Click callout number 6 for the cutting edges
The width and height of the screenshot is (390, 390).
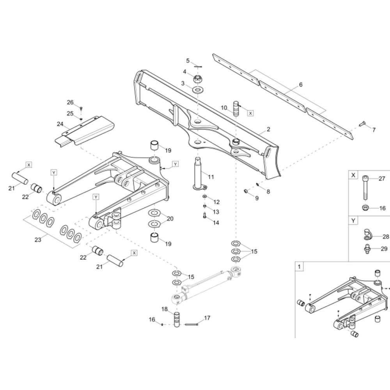pyautogui.click(x=301, y=85)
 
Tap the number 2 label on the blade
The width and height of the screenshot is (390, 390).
pyautogui.click(x=268, y=129)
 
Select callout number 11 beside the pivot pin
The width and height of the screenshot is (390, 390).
pyautogui.click(x=211, y=177)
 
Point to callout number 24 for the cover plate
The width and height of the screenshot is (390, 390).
pyautogui.click(x=60, y=124)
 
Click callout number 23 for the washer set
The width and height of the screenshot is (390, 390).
pyautogui.click(x=38, y=240)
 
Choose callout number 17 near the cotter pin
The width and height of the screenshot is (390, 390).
pyautogui.click(x=207, y=318)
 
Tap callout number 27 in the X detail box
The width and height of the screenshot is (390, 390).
pyautogui.click(x=382, y=179)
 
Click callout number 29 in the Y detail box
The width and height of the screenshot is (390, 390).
pyautogui.click(x=384, y=249)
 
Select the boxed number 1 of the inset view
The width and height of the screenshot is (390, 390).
pyautogui.click(x=299, y=267)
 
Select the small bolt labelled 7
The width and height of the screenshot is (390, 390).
pyautogui.click(x=362, y=124)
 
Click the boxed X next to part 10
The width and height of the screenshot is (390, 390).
pyautogui.click(x=250, y=113)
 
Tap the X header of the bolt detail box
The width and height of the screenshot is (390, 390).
pyautogui.click(x=353, y=175)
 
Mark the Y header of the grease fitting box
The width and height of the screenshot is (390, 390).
pyautogui.click(x=353, y=221)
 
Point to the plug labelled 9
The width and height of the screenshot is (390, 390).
pyautogui.click(x=246, y=191)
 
